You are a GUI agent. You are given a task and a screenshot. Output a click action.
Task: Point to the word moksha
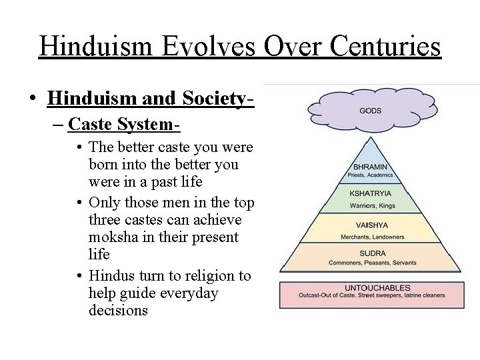(115, 237)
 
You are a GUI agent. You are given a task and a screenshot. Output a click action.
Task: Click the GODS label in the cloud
(371, 111)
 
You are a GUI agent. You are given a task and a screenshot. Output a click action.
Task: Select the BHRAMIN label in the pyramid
(371, 167)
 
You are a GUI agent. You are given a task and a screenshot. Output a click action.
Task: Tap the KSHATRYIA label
(371, 194)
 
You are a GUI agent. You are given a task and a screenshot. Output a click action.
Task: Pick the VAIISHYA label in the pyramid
(371, 225)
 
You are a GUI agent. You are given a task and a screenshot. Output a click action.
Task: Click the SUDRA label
(372, 254)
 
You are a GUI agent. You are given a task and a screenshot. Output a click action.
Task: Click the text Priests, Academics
(371, 176)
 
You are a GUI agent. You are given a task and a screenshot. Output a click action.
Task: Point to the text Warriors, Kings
(371, 205)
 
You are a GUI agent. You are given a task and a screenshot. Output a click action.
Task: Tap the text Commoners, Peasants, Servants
(372, 263)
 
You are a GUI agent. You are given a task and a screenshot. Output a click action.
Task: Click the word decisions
(118, 311)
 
